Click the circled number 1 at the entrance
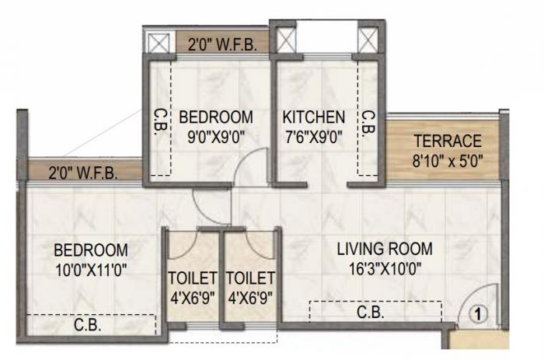[x=479, y=315]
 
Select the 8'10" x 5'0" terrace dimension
[x=447, y=163]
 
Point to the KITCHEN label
[x=313, y=117]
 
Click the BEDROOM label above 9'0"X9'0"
[x=216, y=117]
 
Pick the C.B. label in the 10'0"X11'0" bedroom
[x=86, y=324]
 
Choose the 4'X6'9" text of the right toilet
[x=250, y=297]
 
